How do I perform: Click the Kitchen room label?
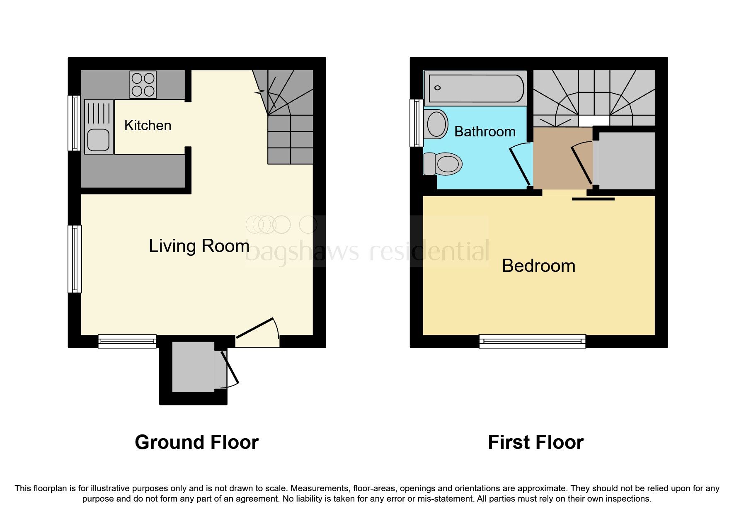coord(148,125)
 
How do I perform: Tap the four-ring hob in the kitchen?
coord(143,84)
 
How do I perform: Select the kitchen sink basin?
coord(99,140)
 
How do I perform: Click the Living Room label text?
coord(199,246)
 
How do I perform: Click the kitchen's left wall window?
coord(75,123)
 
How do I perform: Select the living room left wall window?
coord(75,259)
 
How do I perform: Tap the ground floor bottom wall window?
coord(127,342)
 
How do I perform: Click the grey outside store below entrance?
coord(193,367)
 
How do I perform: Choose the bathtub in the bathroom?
coord(476,88)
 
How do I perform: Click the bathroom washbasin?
coord(436,124)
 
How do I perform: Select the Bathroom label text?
coord(484,131)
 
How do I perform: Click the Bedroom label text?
coord(538,266)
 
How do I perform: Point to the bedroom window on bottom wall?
coord(532,342)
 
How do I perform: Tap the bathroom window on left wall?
coord(416,123)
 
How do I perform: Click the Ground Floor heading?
coord(196,442)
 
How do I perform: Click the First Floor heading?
coord(535,442)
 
